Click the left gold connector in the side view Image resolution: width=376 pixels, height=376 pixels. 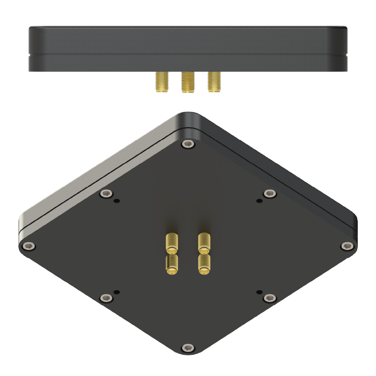coord(161,82)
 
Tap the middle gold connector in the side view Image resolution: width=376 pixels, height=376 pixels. coord(187,83)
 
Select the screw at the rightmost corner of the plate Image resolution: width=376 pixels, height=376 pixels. coord(346,246)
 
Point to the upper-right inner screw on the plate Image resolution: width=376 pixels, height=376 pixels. coord(269,193)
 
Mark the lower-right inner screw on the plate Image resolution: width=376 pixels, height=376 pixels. coord(269,298)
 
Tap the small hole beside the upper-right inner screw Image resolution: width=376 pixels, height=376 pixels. coord(258,201)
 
